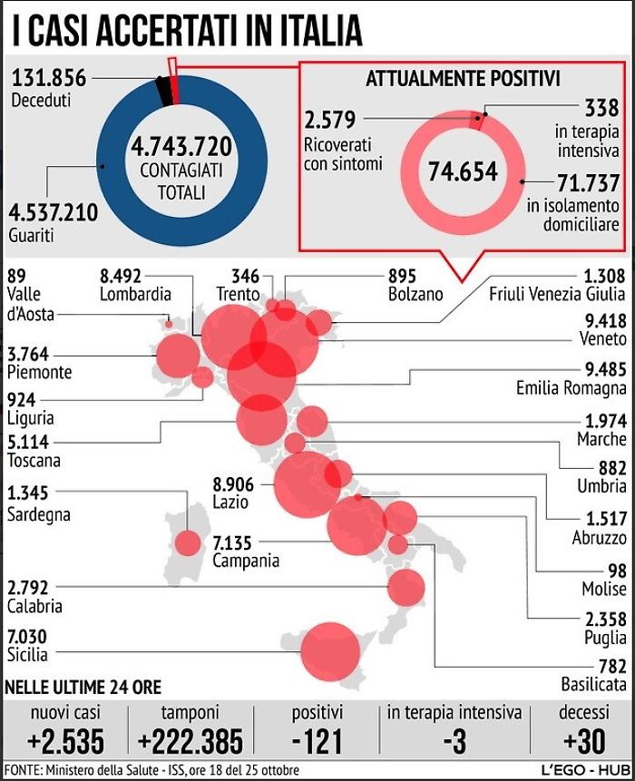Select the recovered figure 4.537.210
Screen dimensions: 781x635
[x=53, y=214]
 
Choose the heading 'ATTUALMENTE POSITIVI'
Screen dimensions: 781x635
[x=463, y=79]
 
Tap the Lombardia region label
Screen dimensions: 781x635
[x=136, y=294]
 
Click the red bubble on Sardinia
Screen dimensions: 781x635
[x=188, y=542]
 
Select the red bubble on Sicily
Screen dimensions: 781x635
[x=331, y=651]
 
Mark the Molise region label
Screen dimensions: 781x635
[x=604, y=590]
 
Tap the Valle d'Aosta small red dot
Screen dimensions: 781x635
[x=168, y=323]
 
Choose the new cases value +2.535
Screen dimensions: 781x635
[x=65, y=742]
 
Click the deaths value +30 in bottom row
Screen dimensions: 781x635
[x=583, y=742]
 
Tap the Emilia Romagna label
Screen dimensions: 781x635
[x=571, y=388]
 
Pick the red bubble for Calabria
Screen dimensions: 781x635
[x=405, y=588]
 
